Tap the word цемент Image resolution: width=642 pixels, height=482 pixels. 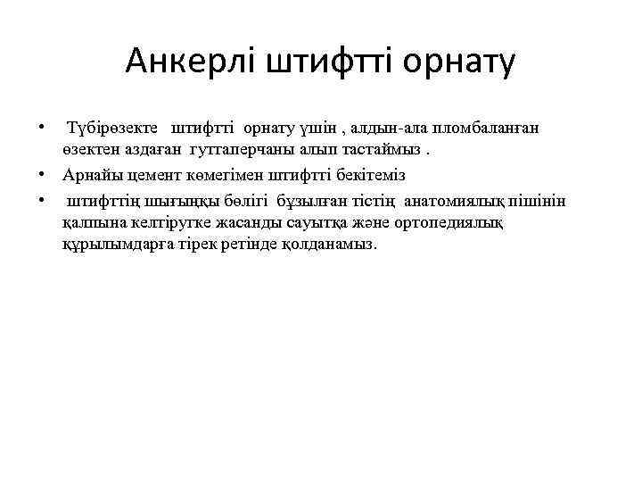point(150,174)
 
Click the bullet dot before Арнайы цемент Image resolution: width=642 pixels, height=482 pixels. point(42,174)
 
